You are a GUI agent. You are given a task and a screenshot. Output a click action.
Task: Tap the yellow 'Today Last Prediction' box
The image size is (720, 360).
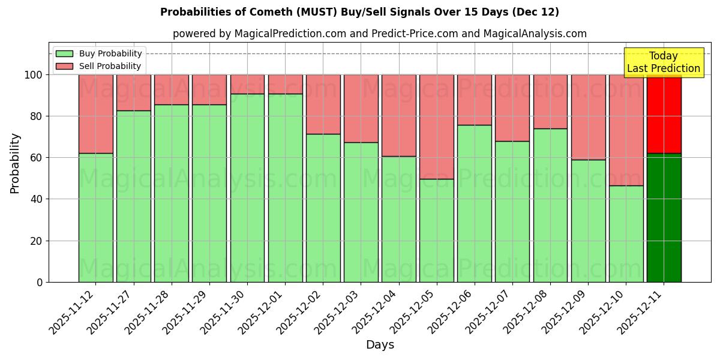point(664,62)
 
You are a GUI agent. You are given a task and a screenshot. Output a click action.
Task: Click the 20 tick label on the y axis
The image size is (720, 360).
point(35,241)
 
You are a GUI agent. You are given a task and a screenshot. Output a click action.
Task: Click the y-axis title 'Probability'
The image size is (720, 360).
point(15,163)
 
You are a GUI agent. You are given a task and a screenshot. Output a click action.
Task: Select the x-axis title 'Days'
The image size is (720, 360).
point(380,345)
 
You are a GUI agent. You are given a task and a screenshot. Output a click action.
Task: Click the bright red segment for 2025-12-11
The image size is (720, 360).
point(664,114)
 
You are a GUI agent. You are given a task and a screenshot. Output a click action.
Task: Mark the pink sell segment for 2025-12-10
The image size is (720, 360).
point(626,130)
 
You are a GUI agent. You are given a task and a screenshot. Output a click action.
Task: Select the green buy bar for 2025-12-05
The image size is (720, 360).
point(437,230)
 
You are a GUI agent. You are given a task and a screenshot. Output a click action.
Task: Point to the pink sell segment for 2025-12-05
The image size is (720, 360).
point(437,127)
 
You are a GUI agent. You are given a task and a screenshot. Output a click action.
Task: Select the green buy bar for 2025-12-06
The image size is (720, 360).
point(475,203)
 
